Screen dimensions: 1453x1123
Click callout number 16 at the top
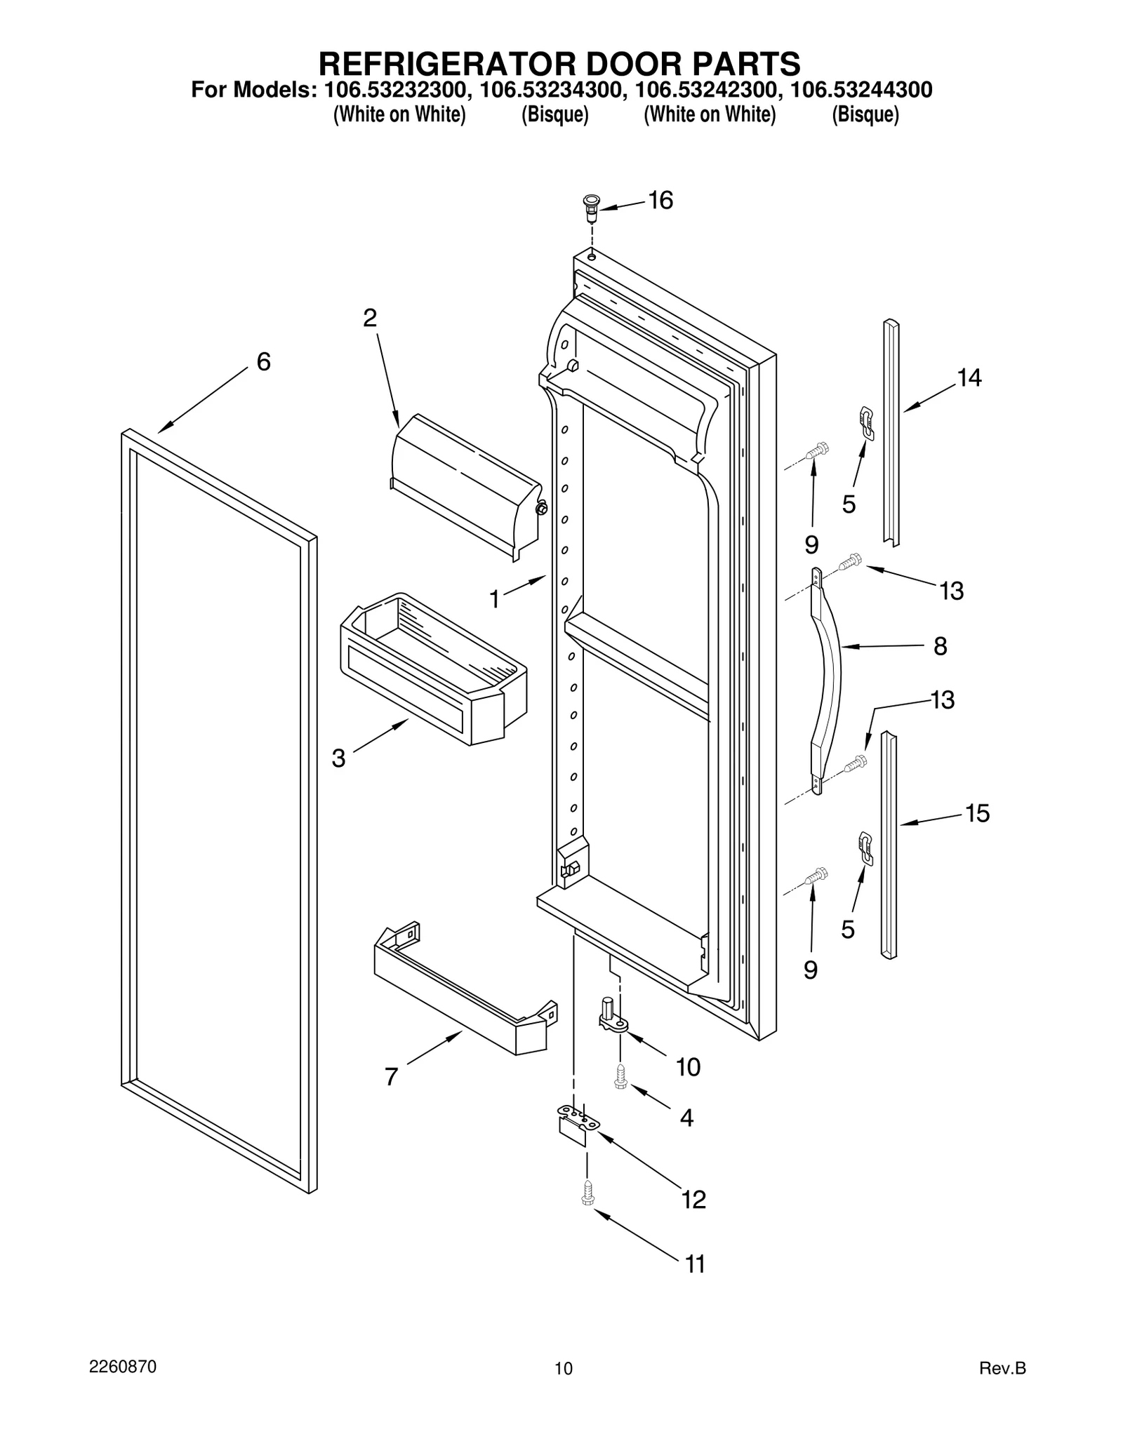click(660, 201)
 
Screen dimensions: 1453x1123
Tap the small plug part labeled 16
click(592, 208)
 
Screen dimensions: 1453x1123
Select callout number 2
click(370, 318)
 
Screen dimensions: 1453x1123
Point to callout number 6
click(263, 362)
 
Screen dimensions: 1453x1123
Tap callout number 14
click(969, 378)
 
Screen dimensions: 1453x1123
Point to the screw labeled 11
click(588, 1193)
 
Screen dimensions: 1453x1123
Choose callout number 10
click(688, 1067)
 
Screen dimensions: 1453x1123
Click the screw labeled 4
click(620, 1076)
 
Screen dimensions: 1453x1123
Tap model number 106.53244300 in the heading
click(861, 91)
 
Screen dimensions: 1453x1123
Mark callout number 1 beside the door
click(495, 598)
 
